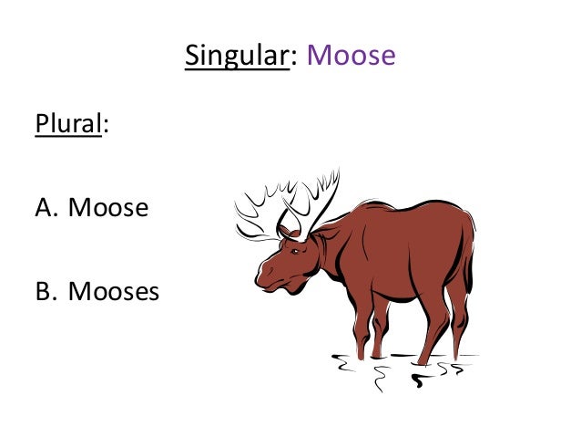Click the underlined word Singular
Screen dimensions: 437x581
click(x=237, y=56)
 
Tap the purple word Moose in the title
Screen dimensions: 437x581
click(x=351, y=56)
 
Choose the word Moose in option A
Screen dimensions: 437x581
click(x=107, y=208)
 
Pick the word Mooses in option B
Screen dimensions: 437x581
click(x=113, y=292)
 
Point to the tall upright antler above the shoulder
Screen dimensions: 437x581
click(x=319, y=196)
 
